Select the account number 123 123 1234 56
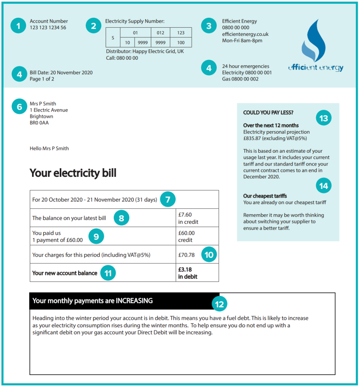[48, 28]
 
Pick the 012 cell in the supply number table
[160, 33]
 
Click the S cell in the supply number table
[113, 37]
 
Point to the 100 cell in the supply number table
[181, 42]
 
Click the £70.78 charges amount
[186, 255]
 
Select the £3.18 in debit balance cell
[188, 273]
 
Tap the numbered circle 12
[219, 304]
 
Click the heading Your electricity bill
[73, 173]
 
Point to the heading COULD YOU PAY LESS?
[268, 113]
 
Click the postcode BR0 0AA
[39, 123]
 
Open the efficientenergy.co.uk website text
[245, 34]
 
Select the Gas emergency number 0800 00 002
[240, 79]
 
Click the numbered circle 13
[324, 118]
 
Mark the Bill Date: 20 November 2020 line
[61, 73]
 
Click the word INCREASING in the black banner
[134, 301]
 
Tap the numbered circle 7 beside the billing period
[168, 199]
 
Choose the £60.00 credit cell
[186, 237]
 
